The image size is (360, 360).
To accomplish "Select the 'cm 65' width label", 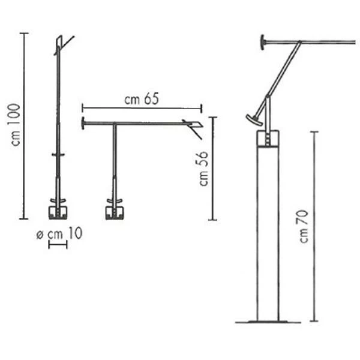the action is [142, 99].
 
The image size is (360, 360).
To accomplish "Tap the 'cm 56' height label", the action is [203, 168].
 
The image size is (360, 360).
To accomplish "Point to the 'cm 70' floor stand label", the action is [304, 226].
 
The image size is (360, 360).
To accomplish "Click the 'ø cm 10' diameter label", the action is [59, 234].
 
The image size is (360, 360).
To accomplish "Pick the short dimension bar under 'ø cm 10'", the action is [58, 245].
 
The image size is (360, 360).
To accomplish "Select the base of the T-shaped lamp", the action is [115, 212].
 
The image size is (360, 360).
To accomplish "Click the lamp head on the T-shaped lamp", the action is [193, 127].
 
